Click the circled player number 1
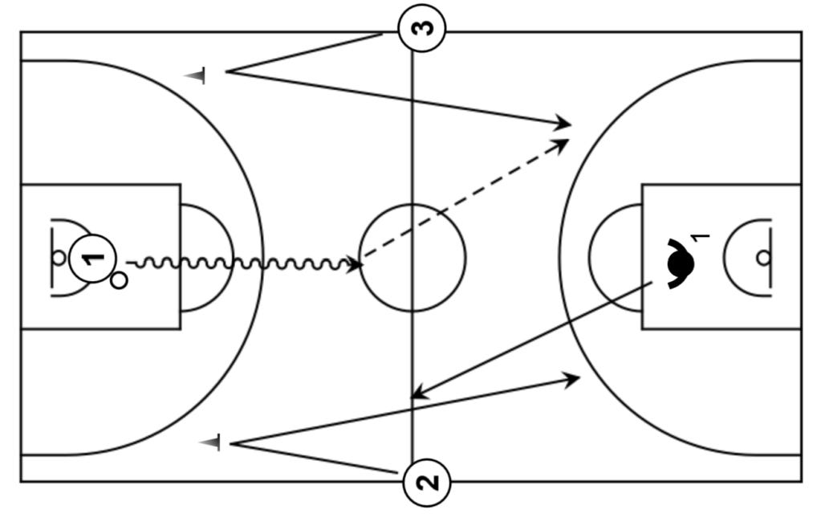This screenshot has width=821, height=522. tap(93, 259)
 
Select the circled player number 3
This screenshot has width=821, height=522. tap(422, 29)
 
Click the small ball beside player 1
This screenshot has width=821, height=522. tap(119, 281)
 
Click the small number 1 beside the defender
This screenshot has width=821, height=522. tap(701, 238)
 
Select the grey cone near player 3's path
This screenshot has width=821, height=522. tap(196, 75)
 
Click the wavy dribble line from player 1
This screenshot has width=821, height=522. tap(241, 263)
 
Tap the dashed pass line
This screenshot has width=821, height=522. tap(465, 201)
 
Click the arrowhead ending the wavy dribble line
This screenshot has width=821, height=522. tap(355, 263)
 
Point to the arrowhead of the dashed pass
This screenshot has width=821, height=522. tap(562, 143)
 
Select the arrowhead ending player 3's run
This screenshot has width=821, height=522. tap(565, 124)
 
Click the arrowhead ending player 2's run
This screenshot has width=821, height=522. tap(573, 377)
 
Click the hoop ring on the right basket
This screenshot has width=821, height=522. tap(763, 258)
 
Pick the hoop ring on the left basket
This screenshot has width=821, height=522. tap(58, 258)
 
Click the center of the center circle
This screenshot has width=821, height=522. tap(413, 258)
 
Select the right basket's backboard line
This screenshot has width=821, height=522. tap(771, 258)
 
